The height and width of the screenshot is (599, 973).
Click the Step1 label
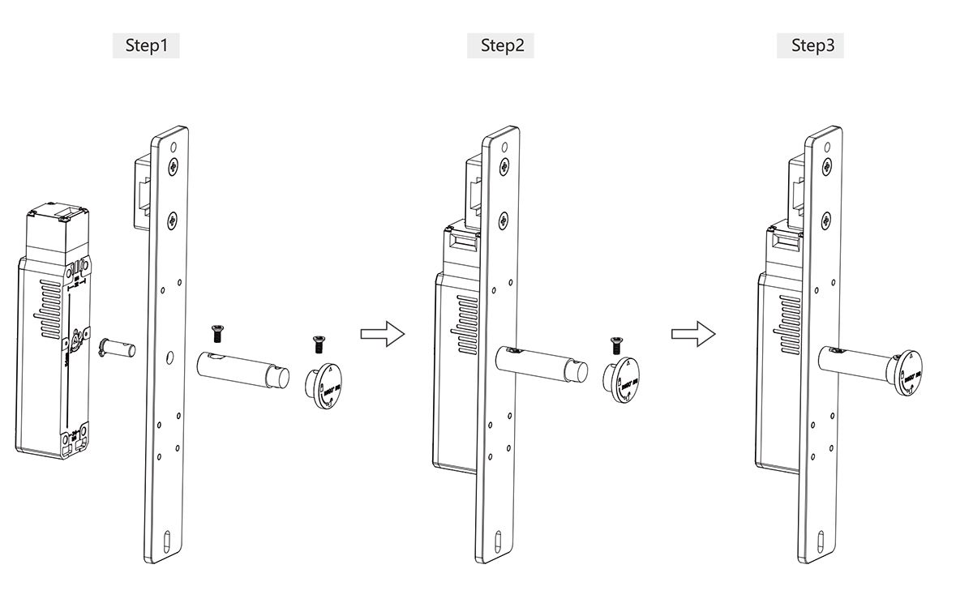146,45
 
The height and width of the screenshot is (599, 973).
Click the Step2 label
501,45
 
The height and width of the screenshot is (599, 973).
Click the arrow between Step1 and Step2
382,333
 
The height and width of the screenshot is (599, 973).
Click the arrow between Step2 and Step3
693,333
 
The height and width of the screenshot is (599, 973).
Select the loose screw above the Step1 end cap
319,344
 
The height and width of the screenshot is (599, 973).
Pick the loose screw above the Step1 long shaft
217,332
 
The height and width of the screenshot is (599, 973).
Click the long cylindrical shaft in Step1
243,370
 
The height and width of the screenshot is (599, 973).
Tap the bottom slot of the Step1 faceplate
165,541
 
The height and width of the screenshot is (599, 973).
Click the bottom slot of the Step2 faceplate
498,541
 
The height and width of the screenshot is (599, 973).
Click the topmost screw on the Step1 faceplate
174,167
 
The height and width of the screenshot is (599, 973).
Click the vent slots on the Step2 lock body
467,325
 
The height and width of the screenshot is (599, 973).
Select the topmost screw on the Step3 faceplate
825,167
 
